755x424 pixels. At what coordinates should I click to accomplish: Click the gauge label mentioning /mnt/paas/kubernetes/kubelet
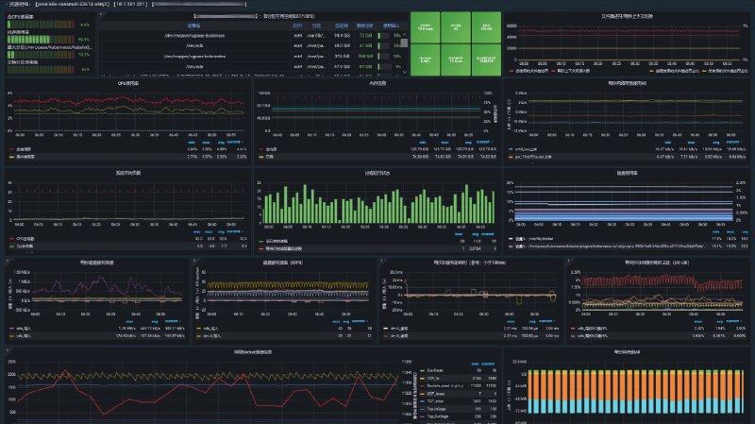coord(47,46)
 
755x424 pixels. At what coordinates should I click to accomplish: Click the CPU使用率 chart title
coord(126,83)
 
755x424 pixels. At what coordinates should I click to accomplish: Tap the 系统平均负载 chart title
coord(126,173)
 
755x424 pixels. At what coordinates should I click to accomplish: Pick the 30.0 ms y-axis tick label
coord(394,271)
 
